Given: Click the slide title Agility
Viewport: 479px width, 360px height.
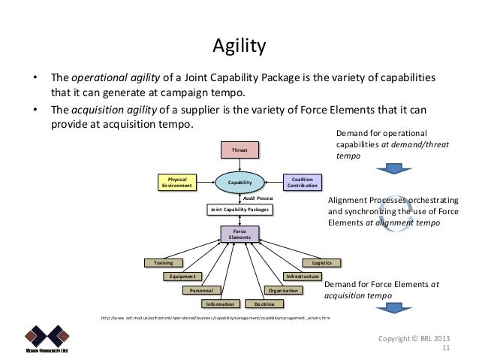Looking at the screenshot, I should [239, 48].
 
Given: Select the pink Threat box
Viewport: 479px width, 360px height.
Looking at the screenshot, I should [239, 150].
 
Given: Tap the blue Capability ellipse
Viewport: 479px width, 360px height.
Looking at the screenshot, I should [239, 182].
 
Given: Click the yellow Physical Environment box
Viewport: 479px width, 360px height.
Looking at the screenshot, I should [176, 182].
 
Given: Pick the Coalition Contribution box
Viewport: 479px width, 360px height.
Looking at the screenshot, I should [303, 182].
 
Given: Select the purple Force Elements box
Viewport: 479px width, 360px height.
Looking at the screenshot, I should [239, 234].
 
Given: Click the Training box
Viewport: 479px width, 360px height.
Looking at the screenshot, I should [163, 263].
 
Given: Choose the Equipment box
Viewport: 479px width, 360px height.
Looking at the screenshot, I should [183, 277].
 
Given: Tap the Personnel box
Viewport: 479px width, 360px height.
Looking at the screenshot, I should [203, 290].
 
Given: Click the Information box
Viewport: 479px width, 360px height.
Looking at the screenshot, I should [219, 304].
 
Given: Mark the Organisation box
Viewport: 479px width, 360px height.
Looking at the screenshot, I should [283, 290].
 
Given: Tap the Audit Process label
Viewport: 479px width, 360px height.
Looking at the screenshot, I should [258, 197].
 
